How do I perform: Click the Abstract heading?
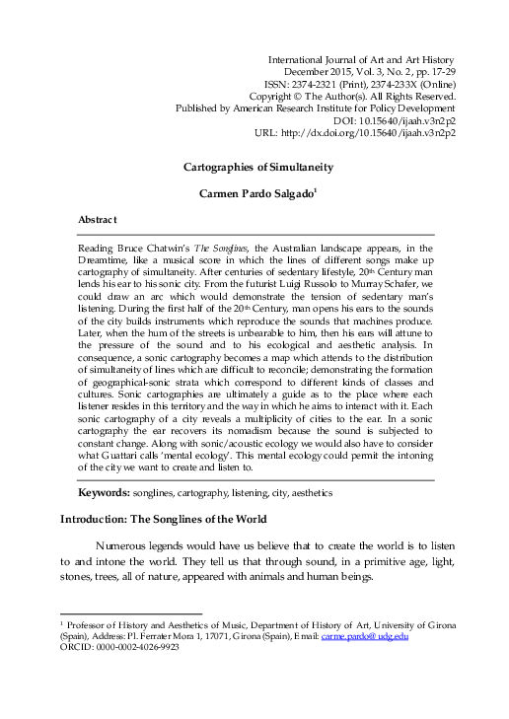98,218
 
